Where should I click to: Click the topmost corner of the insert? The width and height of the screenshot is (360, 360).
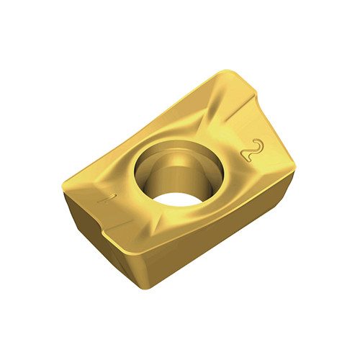[227, 71]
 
